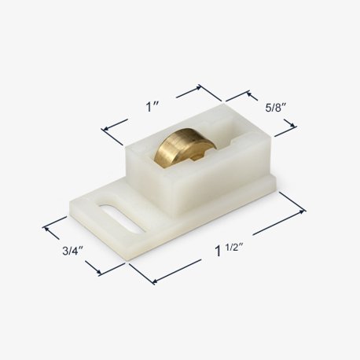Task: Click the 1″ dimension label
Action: pyautogui.click(x=152, y=107)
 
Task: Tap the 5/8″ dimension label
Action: pyautogui.click(x=275, y=108)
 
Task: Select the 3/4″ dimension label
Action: pyautogui.click(x=73, y=251)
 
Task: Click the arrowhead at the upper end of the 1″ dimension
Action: pyautogui.click(x=198, y=88)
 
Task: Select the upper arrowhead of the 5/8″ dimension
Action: pyautogui.click(x=249, y=94)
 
